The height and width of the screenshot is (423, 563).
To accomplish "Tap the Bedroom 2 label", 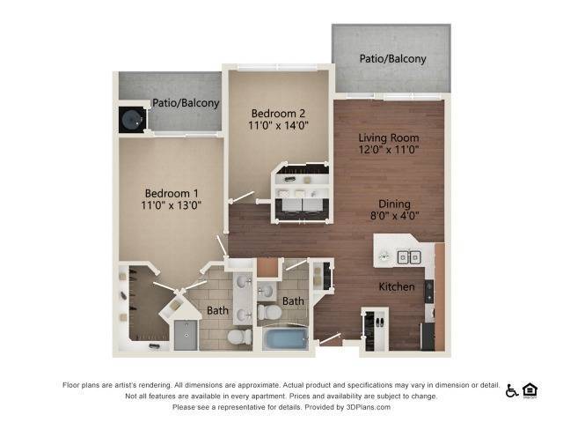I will [278, 114].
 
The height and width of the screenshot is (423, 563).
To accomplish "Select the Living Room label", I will [388, 137].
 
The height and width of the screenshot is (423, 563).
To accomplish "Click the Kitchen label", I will [396, 287].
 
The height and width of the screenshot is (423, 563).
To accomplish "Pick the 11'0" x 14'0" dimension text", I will [278, 126].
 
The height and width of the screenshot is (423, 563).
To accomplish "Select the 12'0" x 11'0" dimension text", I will [388, 150].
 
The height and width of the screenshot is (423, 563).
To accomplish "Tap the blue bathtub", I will [284, 338].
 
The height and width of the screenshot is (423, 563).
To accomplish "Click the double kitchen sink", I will [408, 257].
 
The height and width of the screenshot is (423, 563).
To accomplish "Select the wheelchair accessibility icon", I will [512, 390].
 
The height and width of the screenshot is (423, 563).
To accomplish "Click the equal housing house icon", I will [530, 390].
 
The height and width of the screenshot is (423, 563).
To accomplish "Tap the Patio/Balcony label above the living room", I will [392, 59].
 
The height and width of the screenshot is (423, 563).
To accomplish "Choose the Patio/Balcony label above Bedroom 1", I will [186, 103].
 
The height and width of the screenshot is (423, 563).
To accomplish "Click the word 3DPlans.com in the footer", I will [366, 407].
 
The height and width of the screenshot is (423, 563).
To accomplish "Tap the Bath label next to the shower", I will [217, 310].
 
